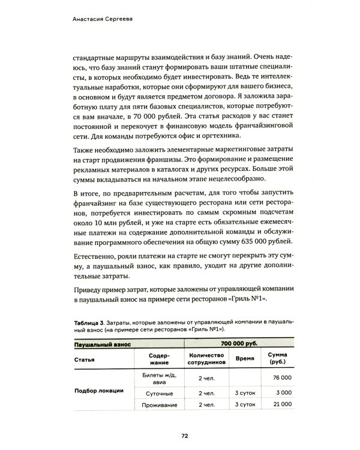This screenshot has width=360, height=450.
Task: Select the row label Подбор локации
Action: pos(98,391)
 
